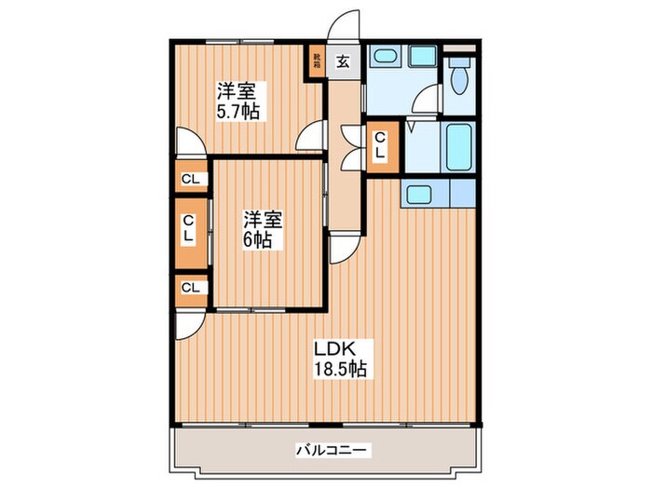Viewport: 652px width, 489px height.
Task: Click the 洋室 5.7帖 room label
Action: point(238,101)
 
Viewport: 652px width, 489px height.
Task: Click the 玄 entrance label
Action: point(343,62)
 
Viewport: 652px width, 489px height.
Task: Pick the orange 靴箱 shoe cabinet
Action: point(319,62)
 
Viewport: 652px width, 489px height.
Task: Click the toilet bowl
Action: point(457,79)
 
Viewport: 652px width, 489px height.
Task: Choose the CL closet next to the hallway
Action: point(381,145)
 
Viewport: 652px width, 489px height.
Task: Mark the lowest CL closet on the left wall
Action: point(189,288)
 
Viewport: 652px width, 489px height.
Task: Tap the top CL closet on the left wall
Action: point(189,180)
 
